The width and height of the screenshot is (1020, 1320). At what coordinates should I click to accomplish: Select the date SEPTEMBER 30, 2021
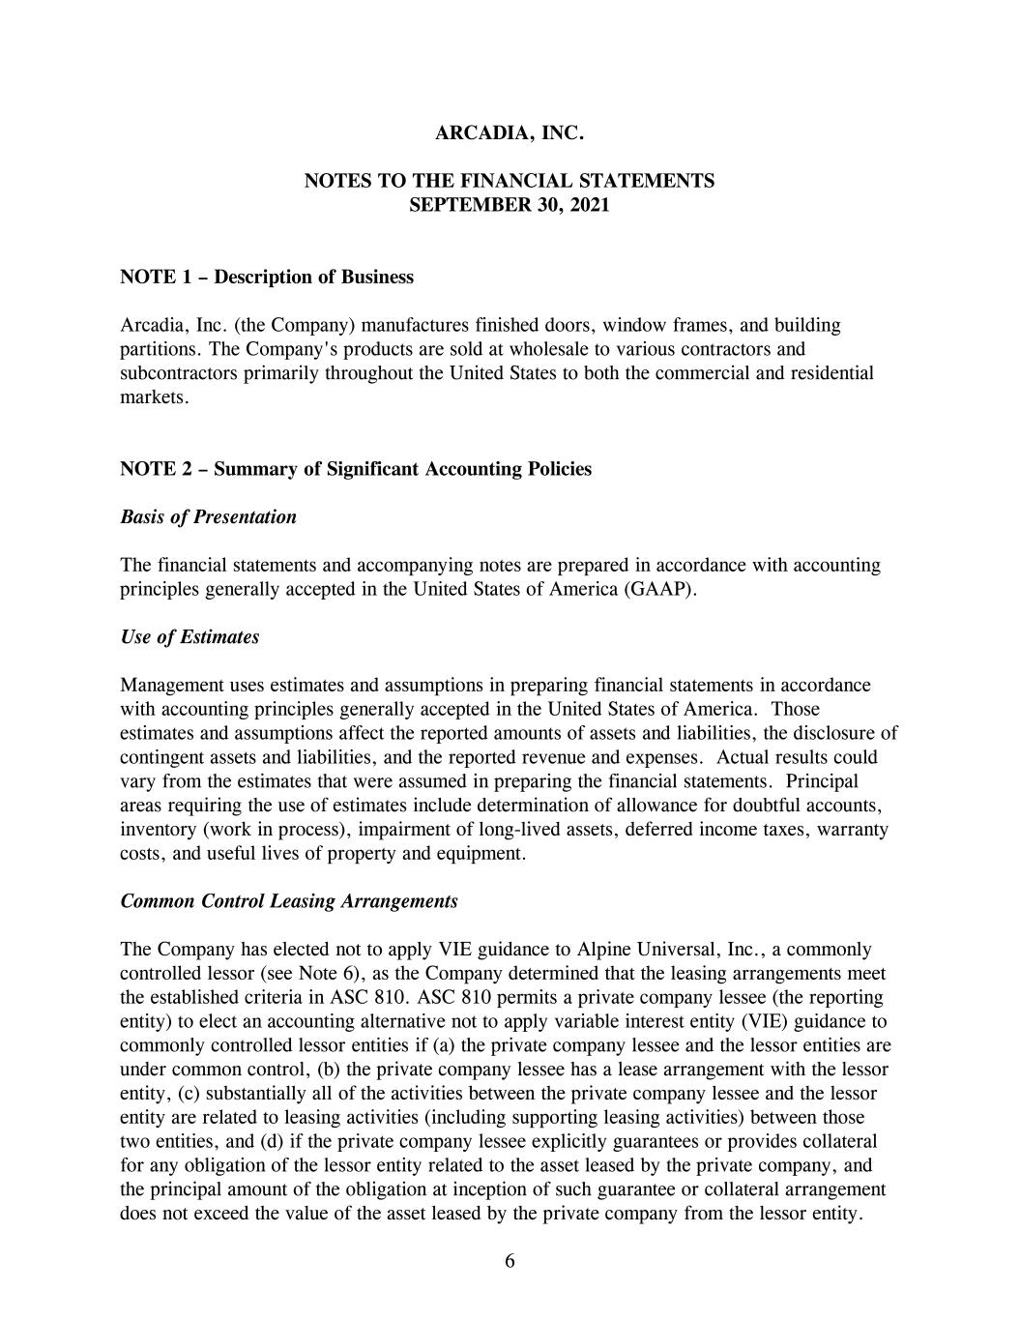point(510,205)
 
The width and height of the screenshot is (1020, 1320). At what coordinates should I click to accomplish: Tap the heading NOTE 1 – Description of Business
point(267,278)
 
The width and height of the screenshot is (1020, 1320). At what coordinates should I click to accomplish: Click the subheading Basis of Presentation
point(208,517)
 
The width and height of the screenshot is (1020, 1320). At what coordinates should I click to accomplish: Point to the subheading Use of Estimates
point(189,637)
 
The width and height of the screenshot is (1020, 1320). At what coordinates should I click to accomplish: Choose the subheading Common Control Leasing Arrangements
point(289,901)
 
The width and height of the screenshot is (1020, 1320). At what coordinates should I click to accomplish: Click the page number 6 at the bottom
point(510,1260)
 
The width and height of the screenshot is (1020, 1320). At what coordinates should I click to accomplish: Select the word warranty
point(854,830)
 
